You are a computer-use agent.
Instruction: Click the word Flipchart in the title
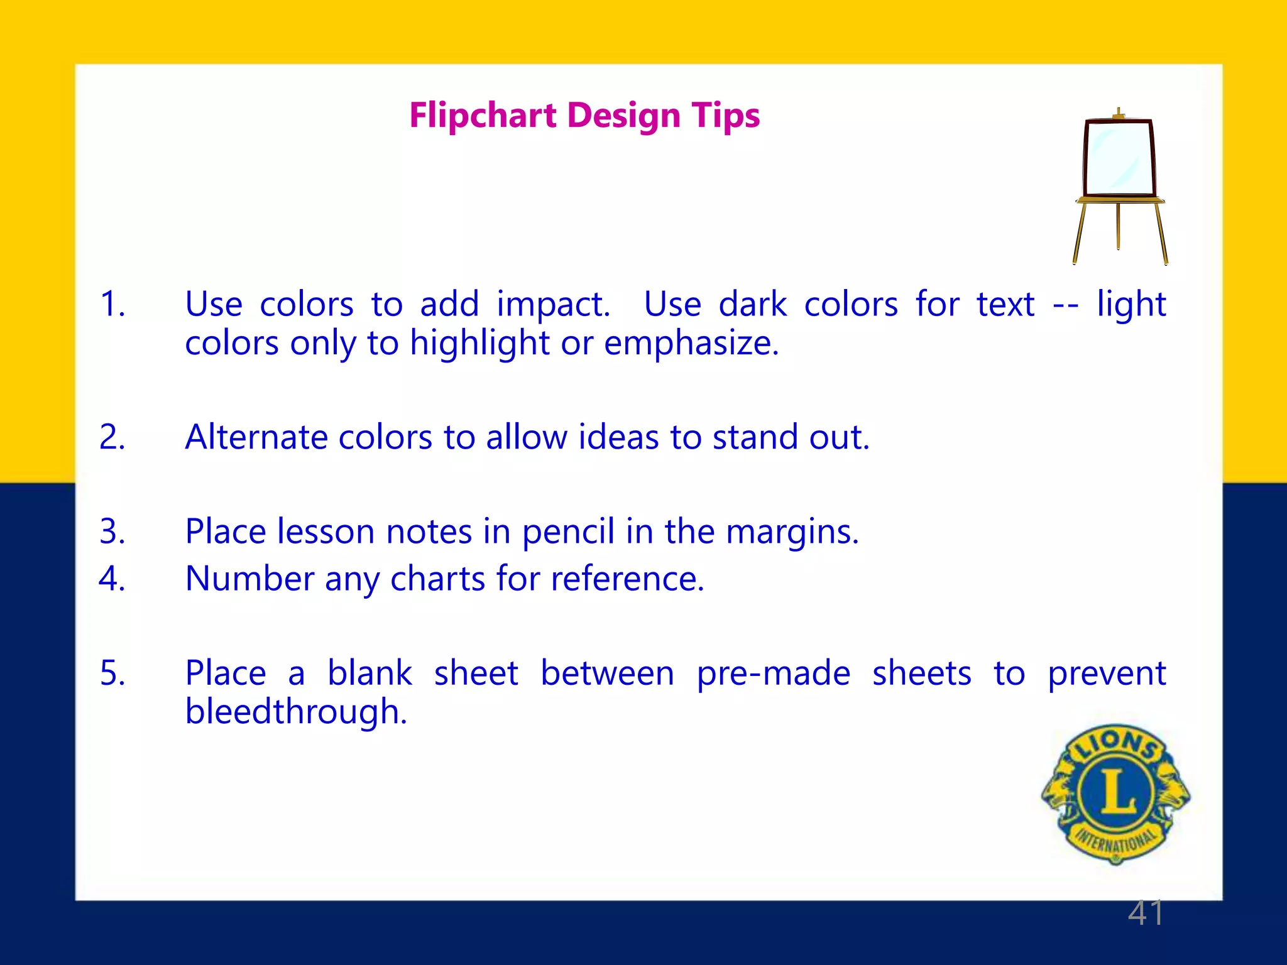(x=483, y=116)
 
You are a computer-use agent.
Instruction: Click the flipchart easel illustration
(x=1120, y=186)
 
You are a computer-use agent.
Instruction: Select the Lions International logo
(x=1115, y=795)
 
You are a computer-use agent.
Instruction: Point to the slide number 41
(x=1146, y=913)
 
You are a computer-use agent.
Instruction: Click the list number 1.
(x=112, y=304)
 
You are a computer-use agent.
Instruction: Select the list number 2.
(x=112, y=437)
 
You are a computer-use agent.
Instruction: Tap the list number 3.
(x=112, y=532)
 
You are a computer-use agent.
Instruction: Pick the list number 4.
(x=112, y=579)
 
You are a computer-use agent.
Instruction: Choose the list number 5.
(x=112, y=673)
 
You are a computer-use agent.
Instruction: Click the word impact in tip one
(x=553, y=305)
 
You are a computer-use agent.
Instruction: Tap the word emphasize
(x=691, y=344)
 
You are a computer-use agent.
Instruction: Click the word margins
(x=792, y=533)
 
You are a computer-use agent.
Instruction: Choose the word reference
(x=627, y=579)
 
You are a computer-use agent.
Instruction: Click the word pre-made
(x=774, y=674)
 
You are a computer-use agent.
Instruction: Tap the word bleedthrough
(x=296, y=713)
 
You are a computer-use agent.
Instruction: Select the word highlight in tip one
(x=480, y=344)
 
